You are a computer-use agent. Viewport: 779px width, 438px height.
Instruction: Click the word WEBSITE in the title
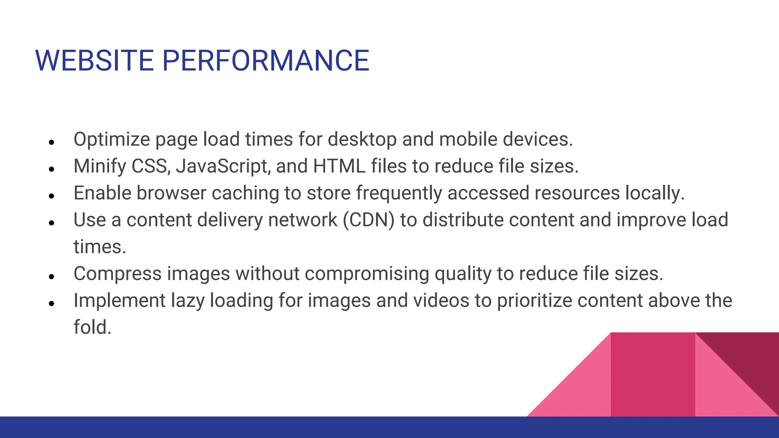tap(94, 61)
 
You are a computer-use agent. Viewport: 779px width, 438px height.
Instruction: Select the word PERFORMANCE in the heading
tap(265, 61)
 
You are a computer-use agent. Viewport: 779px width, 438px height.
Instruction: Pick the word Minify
tap(100, 167)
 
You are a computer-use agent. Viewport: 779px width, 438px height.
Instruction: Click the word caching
tap(245, 193)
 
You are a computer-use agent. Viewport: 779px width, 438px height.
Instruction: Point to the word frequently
tap(399, 193)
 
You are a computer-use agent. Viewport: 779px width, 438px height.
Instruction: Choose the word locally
tap(655, 193)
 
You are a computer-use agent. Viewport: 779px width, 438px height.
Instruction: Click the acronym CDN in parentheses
tap(369, 220)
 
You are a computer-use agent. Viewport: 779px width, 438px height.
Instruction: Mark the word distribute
tap(463, 220)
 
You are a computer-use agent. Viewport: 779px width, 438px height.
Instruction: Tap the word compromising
tap(367, 274)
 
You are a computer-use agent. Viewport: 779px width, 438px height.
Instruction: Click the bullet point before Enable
tap(52, 196)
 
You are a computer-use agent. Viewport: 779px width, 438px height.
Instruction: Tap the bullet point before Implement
tap(52, 303)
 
